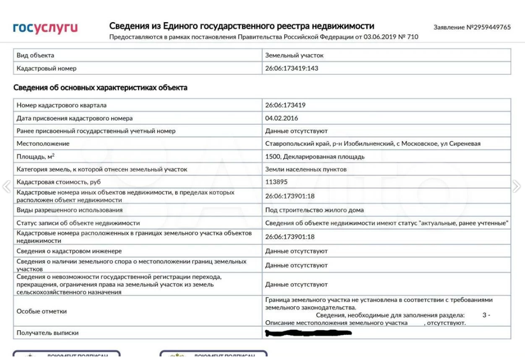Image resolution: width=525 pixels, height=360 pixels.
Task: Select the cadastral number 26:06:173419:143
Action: pyautogui.click(x=291, y=68)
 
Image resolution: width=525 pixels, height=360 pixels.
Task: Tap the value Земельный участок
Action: pyautogui.click(x=294, y=55)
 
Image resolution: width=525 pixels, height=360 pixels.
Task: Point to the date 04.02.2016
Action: pyautogui.click(x=282, y=118)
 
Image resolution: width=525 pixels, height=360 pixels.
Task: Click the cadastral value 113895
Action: pyautogui.click(x=276, y=182)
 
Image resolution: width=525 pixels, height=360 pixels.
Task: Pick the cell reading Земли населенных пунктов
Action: pyautogui.click(x=306, y=169)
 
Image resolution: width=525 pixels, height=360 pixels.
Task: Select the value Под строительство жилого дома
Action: pyautogui.click(x=314, y=210)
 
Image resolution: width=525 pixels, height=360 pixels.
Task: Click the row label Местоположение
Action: pyautogui.click(x=43, y=143)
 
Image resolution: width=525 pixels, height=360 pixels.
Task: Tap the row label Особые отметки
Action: pyautogui.click(x=42, y=311)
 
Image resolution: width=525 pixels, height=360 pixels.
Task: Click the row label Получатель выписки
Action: pyautogui.click(x=48, y=333)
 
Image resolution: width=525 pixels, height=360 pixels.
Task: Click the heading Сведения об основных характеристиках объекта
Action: pyautogui.click(x=100, y=87)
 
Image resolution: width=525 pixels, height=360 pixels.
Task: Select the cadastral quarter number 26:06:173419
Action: pyautogui.click(x=285, y=105)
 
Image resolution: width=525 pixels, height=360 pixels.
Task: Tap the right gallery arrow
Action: pyautogui.click(x=517, y=186)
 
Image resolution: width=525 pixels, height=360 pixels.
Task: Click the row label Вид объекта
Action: pyautogui.click(x=35, y=55)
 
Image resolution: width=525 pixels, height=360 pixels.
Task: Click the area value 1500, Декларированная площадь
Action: pyautogui.click(x=315, y=156)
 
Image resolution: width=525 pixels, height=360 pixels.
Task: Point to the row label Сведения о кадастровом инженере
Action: pyautogui.click(x=69, y=251)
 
